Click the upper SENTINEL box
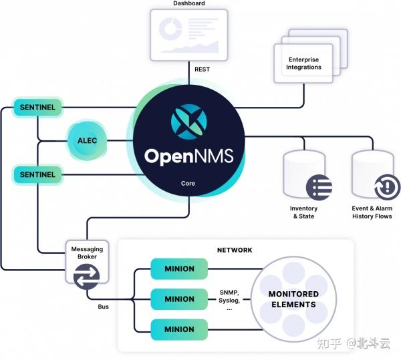pyautogui.click(x=37, y=107)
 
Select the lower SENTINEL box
pyautogui.click(x=37, y=174)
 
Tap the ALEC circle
pyautogui.click(x=87, y=141)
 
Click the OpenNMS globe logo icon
pyautogui.click(x=189, y=122)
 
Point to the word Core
pyautogui.click(x=188, y=184)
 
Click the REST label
pyautogui.click(x=202, y=69)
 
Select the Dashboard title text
pyautogui.click(x=189, y=3)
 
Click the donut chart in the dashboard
pyautogui.click(x=170, y=28)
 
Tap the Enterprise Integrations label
pyautogui.click(x=303, y=63)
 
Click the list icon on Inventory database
pyautogui.click(x=319, y=188)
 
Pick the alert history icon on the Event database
pyautogui.click(x=387, y=188)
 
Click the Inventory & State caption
pyautogui.click(x=303, y=212)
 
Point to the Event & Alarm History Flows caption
pyautogui.click(x=372, y=212)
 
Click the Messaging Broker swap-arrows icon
pyautogui.click(x=86, y=277)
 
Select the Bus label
pyautogui.click(x=104, y=307)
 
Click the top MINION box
pyautogui.click(x=179, y=268)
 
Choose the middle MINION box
pyautogui.click(x=179, y=299)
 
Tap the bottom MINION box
pyautogui.click(x=179, y=329)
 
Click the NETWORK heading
pyautogui.click(x=235, y=250)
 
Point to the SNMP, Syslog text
pyautogui.click(x=229, y=297)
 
